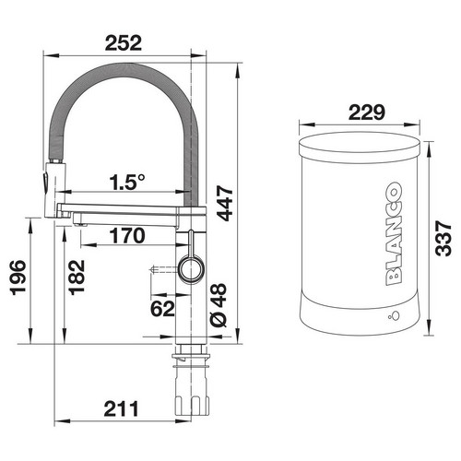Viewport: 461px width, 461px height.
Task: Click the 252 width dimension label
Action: [124, 43]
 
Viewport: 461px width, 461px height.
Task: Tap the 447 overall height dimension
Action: [225, 203]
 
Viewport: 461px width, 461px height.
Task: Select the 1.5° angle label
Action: [127, 182]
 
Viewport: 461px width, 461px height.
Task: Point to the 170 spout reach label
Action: [127, 236]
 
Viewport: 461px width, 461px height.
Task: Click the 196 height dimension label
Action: [18, 278]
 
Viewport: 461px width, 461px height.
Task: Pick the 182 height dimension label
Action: [77, 278]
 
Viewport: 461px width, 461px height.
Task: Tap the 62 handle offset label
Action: [162, 308]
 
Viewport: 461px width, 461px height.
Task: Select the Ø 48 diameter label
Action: [219, 305]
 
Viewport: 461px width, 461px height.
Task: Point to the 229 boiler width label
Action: [367, 112]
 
